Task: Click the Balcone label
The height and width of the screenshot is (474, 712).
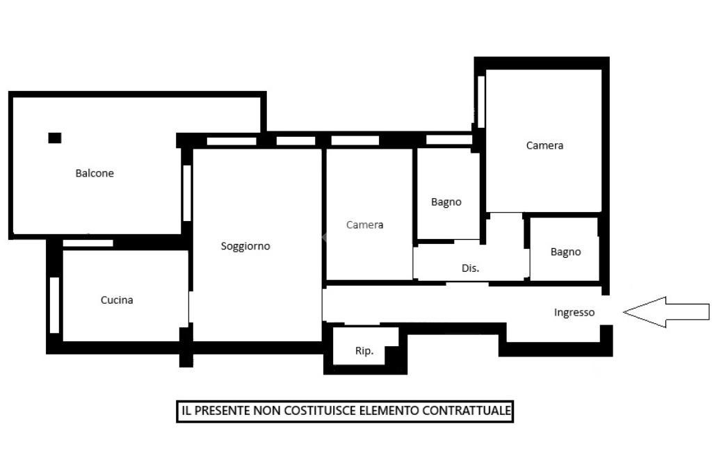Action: [95, 173]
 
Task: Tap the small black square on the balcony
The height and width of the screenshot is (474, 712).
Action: [55, 138]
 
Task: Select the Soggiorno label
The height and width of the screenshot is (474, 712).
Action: [245, 246]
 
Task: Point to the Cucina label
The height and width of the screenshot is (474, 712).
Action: [117, 300]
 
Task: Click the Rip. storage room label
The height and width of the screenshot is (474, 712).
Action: [364, 351]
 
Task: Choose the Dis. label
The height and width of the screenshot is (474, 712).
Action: [471, 268]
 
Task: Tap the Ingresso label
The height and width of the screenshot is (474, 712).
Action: [574, 312]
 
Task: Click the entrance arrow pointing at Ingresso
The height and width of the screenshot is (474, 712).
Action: [666, 312]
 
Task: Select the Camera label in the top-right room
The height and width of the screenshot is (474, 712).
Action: [544, 146]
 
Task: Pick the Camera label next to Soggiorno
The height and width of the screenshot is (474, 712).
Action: [364, 224]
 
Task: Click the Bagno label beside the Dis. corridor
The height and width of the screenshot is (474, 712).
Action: [446, 202]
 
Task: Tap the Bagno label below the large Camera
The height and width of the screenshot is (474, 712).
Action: [566, 252]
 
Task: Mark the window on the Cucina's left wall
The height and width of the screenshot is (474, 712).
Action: [54, 304]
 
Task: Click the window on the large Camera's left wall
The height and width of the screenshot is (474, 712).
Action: [481, 101]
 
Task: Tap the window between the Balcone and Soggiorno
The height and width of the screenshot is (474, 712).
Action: [187, 193]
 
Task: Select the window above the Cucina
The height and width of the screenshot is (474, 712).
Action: [88, 243]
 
